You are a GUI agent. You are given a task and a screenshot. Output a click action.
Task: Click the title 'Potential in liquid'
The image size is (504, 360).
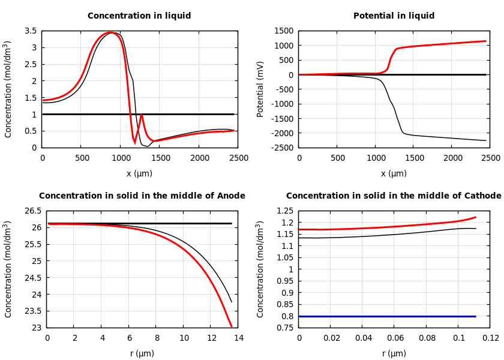point(394,16)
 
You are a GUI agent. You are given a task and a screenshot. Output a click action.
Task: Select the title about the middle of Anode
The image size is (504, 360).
point(142,196)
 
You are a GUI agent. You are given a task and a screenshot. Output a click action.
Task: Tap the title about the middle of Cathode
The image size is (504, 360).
point(394,196)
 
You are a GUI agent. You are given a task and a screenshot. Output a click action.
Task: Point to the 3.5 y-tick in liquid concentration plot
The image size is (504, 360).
point(30,31)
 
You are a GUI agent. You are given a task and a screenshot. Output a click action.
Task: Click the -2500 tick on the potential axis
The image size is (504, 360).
point(283,148)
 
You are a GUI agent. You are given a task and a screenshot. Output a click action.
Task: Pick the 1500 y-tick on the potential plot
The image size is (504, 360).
point(285,31)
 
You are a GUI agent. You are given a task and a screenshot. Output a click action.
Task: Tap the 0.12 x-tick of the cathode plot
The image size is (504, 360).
point(490,338)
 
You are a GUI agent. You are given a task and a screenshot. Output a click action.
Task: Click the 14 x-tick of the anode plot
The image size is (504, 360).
point(238,338)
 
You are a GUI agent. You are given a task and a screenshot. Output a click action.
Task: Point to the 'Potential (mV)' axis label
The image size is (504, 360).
point(260,89)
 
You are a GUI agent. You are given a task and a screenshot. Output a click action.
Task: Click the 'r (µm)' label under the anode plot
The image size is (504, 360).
point(142,353)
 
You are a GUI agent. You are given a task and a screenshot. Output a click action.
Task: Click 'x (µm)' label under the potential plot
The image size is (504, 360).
point(394,173)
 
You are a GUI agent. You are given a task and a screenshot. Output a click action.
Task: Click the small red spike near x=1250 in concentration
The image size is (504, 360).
point(142,115)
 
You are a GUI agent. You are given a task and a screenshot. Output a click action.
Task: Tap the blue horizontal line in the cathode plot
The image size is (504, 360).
point(387,316)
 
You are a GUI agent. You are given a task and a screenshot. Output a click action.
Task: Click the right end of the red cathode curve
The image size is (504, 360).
point(475,217)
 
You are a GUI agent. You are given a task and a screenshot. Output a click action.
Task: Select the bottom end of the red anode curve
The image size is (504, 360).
point(231,326)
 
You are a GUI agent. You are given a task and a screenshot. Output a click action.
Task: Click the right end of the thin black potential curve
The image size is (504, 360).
point(486,140)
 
